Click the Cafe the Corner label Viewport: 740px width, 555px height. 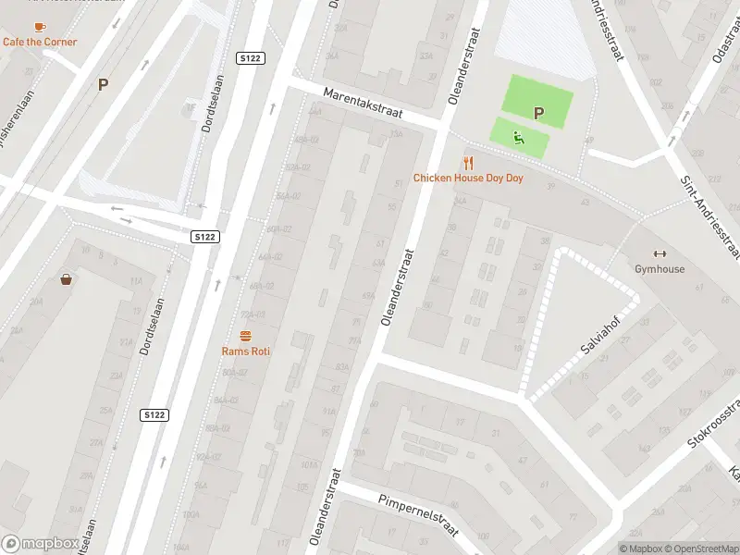point(40,42)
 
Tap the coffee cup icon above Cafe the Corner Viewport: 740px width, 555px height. point(40,27)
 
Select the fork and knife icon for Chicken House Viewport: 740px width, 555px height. point(469,163)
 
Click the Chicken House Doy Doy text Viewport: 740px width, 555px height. point(468,178)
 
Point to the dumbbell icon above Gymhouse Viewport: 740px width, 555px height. point(660,254)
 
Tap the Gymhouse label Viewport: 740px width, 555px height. point(660,269)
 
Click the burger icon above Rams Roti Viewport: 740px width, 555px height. point(246,336)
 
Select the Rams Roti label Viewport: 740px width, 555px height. point(246,351)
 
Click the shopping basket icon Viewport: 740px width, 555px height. point(68,279)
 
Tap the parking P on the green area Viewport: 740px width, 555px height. point(538,114)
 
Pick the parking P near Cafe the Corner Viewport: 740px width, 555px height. point(104,84)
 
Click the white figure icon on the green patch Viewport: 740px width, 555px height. point(520,139)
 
